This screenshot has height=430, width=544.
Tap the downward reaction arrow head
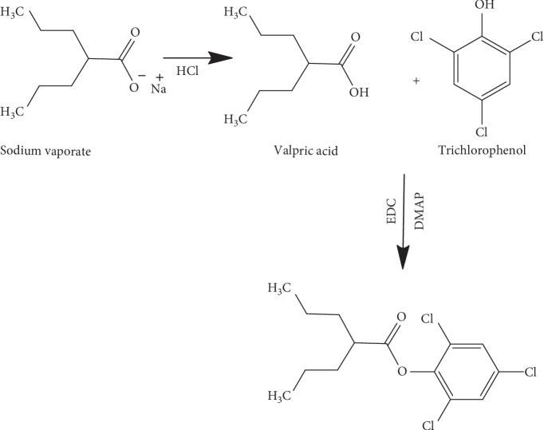[404, 259]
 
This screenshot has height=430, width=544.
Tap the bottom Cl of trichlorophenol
[481, 130]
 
